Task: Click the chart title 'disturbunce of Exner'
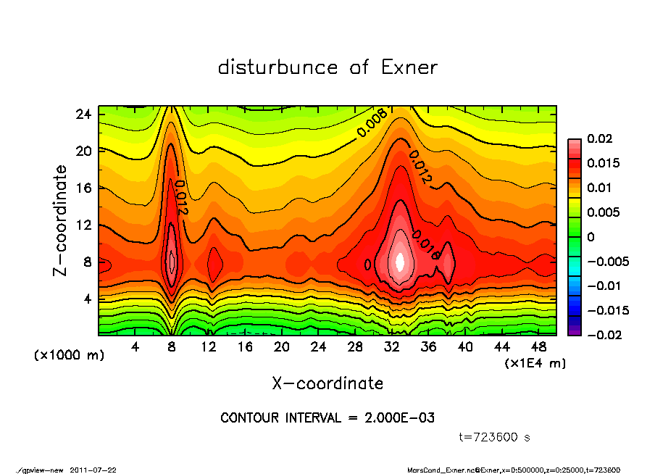pos(327,67)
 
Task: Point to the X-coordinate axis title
pos(327,383)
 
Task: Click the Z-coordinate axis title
pos(61,220)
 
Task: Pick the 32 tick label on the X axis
pos(392,347)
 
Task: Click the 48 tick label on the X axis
pos(538,347)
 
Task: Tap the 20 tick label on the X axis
pos(282,347)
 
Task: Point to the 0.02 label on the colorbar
pos(599,138)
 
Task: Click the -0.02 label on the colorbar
pos(596,335)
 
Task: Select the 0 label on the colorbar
pos(591,237)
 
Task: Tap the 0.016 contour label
pos(425,245)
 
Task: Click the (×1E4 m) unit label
pos(535,362)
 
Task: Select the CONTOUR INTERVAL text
pos(327,418)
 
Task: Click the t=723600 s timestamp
pos(496,437)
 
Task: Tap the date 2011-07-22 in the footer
pos(93,470)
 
